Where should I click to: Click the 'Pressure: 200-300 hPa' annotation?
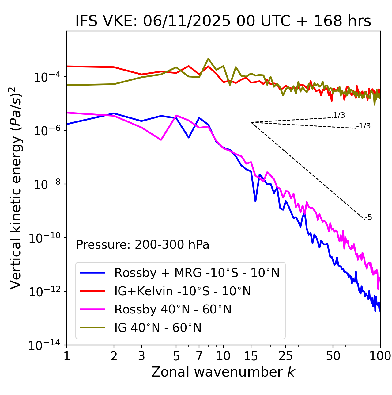pyautogui.click(x=142, y=245)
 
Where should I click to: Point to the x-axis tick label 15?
pyautogui.click(x=251, y=356)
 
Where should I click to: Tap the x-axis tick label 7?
pyautogui.click(x=199, y=356)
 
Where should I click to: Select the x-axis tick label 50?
pyautogui.click(x=333, y=356)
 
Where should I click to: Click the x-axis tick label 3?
pyautogui.click(x=141, y=356)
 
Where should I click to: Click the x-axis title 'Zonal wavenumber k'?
pyautogui.click(x=223, y=372)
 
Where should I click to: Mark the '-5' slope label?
pyautogui.click(x=368, y=218)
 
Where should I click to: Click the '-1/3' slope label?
pyautogui.click(x=364, y=126)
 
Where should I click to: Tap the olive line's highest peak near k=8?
pyautogui.click(x=208, y=59)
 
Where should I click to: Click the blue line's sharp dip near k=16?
pyautogui.click(x=255, y=201)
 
